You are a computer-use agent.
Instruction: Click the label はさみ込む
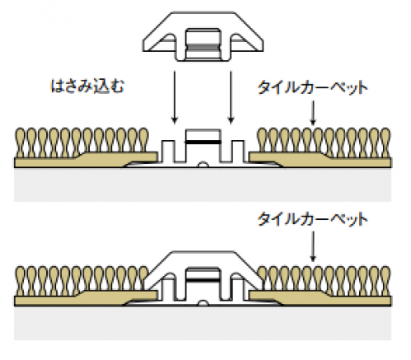[87, 86]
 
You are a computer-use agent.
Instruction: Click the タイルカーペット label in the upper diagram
[312, 88]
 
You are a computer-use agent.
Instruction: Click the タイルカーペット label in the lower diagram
[312, 219]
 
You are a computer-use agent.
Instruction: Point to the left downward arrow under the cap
[175, 97]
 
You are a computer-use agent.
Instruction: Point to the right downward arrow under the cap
[231, 97]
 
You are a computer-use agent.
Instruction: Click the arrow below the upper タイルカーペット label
[313, 113]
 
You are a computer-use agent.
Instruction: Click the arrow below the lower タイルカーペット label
[313, 246]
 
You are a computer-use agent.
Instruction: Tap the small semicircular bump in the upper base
[203, 165]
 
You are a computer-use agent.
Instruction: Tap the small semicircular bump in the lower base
[203, 303]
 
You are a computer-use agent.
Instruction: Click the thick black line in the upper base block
[203, 143]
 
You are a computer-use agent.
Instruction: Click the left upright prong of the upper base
[168, 151]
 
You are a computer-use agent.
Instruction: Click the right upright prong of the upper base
[237, 151]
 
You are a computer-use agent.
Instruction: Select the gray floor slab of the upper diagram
[203, 185]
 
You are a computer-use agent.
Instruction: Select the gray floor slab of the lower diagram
[203, 323]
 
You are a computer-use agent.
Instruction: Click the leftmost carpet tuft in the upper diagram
[21, 143]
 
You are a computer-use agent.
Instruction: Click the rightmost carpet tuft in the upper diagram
[385, 143]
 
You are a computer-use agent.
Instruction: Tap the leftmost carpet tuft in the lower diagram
[21, 281]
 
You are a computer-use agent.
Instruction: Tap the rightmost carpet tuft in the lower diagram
[385, 281]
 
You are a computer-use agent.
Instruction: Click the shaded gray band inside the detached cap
[203, 47]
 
